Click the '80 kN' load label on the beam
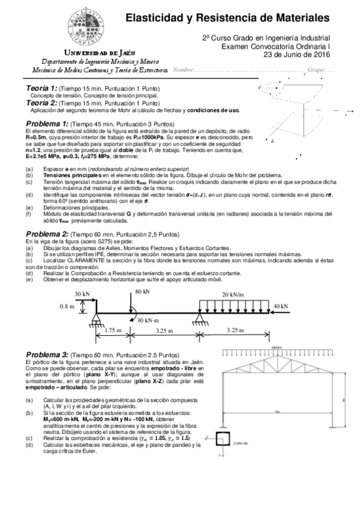(142, 292)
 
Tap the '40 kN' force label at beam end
(280, 305)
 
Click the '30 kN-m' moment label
(148, 320)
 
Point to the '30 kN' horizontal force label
(83, 293)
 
